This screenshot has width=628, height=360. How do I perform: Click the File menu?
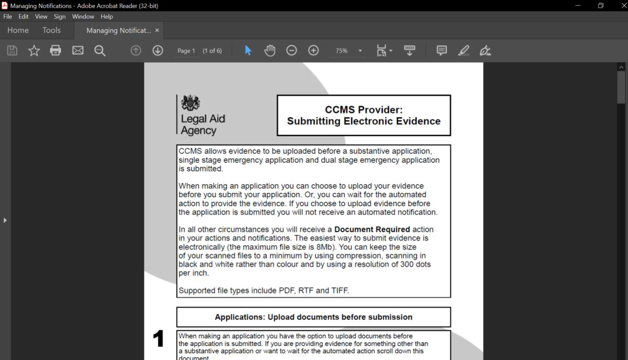click(7, 17)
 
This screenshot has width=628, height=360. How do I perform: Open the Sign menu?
click(60, 17)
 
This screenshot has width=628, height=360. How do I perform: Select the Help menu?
click(107, 17)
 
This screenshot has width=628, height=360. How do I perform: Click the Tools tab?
click(51, 30)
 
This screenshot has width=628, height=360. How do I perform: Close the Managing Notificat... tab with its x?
click(157, 30)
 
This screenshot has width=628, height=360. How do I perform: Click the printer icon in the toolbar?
click(55, 50)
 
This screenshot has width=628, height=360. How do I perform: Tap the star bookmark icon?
click(34, 50)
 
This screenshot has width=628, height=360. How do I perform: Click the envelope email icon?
click(78, 50)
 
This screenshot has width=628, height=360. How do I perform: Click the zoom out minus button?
click(292, 50)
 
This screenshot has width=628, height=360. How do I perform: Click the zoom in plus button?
click(313, 50)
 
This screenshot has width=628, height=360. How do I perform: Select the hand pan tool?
click(270, 50)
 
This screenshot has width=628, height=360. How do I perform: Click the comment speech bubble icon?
click(442, 50)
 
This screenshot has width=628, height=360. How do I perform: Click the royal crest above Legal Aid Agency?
click(190, 103)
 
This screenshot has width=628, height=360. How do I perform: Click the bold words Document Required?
click(372, 230)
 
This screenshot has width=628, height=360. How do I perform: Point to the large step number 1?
click(159, 340)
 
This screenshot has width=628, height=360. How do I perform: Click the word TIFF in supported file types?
click(339, 291)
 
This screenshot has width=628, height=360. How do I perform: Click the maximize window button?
click(601, 6)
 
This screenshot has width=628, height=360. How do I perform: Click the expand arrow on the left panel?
click(5, 220)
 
